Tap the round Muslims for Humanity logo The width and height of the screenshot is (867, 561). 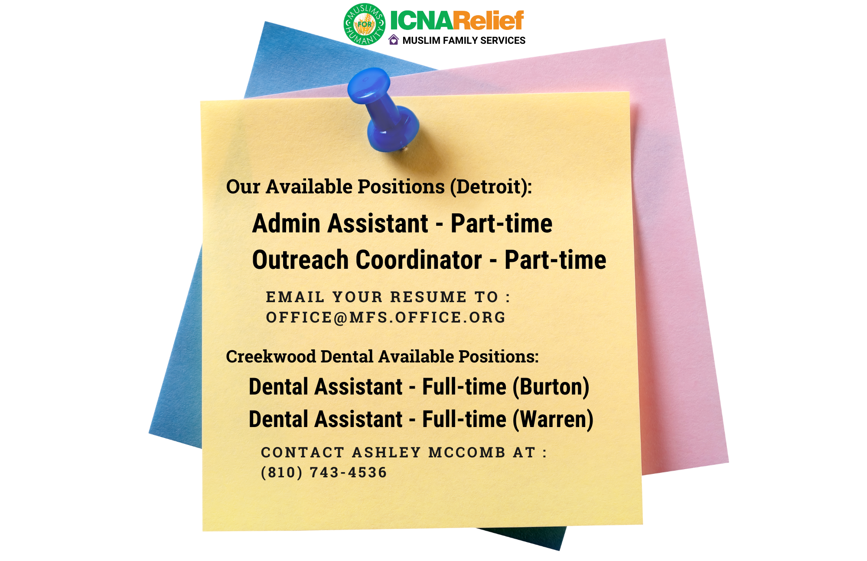click(365, 24)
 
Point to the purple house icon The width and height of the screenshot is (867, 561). click(394, 40)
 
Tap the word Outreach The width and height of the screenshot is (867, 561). click(300, 260)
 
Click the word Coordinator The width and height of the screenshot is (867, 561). click(419, 260)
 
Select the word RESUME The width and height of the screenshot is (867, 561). click(429, 297)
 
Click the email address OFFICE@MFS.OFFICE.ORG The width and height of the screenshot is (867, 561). click(386, 317)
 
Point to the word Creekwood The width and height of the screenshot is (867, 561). click(271, 356)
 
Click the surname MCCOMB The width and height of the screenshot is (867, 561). click(467, 452)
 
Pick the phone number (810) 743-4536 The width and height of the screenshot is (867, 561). click(324, 472)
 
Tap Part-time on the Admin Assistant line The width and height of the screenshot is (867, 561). click(502, 223)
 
